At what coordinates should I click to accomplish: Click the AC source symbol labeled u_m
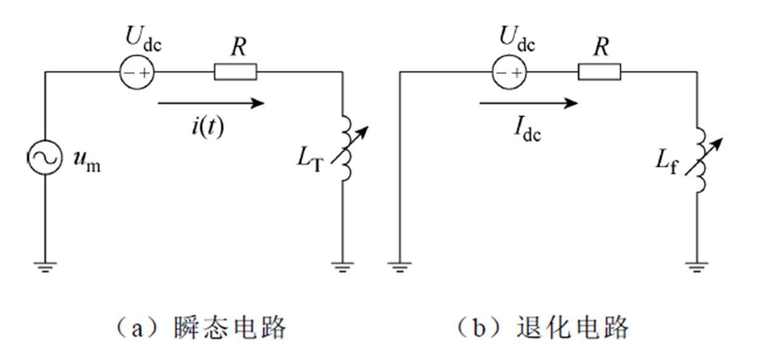coord(45,158)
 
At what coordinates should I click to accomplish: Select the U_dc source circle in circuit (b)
coord(509,72)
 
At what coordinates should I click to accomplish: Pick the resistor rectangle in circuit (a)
coord(235,72)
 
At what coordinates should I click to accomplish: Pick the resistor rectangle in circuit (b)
coord(599,72)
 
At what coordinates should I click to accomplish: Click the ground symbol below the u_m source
coord(45,266)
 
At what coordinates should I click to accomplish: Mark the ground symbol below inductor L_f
coord(698,266)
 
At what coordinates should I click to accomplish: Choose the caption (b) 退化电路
coord(542,327)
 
